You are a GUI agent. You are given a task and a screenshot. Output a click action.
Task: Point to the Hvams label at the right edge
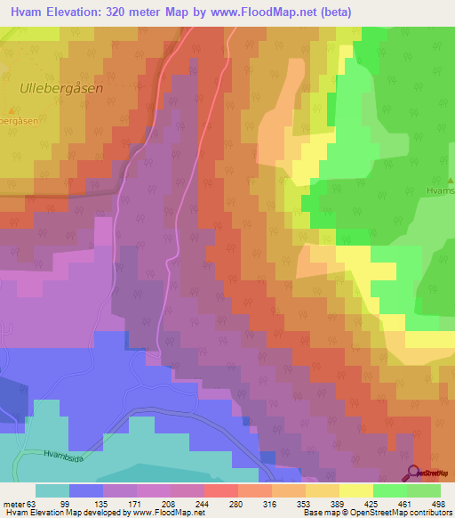[x=439, y=190]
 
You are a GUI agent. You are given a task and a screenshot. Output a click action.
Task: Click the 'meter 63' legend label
[x=20, y=504]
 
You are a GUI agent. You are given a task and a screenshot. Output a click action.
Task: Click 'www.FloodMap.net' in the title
[x=267, y=12]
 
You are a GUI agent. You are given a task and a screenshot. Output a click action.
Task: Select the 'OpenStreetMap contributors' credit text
[x=400, y=513]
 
